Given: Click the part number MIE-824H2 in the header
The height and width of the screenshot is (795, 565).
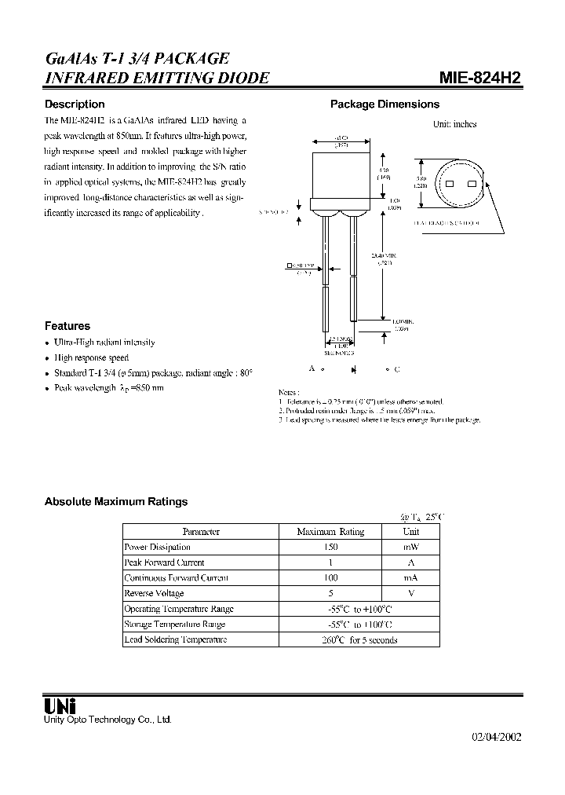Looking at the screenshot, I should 479,78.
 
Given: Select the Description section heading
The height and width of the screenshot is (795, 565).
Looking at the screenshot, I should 75,104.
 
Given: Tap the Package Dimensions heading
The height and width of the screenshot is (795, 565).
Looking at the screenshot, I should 385,104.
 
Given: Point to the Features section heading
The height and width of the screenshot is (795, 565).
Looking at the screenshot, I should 67,325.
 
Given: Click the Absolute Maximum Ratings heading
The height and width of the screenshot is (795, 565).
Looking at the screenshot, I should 116,501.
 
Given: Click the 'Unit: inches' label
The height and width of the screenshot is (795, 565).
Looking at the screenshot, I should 455,124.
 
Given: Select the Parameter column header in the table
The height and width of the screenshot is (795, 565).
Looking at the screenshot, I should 201,532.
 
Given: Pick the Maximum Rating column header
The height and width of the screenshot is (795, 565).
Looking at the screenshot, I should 330,532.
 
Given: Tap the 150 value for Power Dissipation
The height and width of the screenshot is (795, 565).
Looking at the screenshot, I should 330,547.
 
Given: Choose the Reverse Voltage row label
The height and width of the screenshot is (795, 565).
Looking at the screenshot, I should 155,593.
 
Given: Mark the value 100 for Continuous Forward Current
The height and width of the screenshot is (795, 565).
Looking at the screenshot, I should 330,578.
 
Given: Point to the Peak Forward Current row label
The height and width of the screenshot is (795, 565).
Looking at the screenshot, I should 164,562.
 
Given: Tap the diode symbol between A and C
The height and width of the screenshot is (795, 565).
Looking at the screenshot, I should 354,369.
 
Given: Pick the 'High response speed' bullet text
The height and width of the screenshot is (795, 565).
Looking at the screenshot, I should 91,357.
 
